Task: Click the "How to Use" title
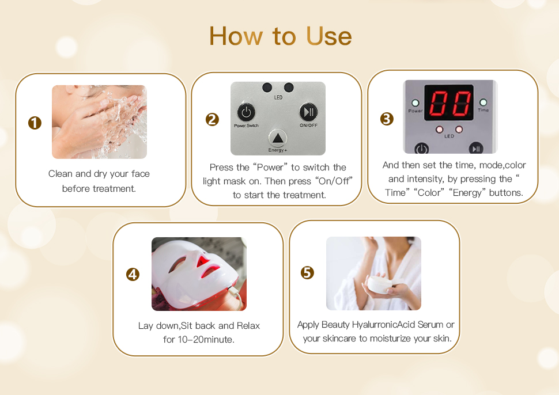pos(280,36)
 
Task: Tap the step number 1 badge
pos(35,123)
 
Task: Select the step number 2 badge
pos(212,119)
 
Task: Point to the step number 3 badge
pos(387,119)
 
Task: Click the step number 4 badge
pos(133,274)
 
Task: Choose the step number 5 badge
pos(307,272)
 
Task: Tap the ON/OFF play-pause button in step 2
pos(308,112)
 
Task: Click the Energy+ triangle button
pos(277,138)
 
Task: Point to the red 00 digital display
pos(449,103)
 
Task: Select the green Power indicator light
pos(416,103)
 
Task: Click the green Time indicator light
pos(483,102)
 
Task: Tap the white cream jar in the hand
pos(380,284)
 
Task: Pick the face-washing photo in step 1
pos(100,122)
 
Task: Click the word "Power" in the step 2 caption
pos(270,168)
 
